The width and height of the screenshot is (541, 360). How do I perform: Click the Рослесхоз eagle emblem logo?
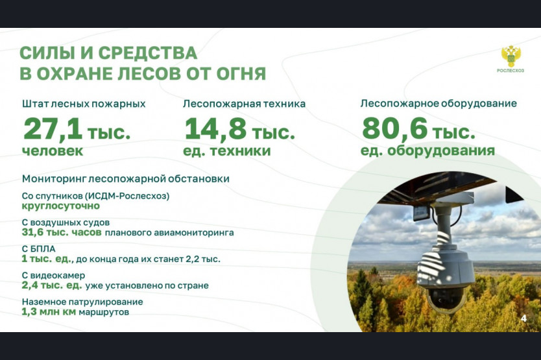[x=511, y=56]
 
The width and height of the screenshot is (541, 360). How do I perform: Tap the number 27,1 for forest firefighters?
[x=53, y=129]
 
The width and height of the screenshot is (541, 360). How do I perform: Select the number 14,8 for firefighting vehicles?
[x=215, y=129]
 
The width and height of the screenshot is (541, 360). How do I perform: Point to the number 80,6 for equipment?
[x=394, y=128]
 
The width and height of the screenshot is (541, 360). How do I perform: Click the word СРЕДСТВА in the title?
[x=148, y=53]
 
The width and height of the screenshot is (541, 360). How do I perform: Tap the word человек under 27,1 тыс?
[x=53, y=151]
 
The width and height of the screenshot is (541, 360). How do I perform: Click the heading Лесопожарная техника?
[x=244, y=104]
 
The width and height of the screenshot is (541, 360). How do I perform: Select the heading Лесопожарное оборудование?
[x=439, y=104]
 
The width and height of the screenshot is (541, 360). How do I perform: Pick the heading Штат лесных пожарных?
[x=84, y=104]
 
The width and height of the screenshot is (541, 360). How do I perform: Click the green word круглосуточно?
[x=61, y=206]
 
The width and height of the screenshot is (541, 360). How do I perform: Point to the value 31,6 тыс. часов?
[x=62, y=232]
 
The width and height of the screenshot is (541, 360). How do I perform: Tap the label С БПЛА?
[x=39, y=249]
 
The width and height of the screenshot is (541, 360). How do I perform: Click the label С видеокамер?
[x=53, y=276]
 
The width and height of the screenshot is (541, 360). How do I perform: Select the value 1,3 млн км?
[x=49, y=312]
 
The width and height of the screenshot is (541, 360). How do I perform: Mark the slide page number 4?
[x=523, y=318]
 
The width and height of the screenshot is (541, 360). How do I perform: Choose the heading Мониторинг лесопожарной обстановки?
[x=126, y=179]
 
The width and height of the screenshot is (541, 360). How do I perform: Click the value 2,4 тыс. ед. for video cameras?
[x=52, y=285]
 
